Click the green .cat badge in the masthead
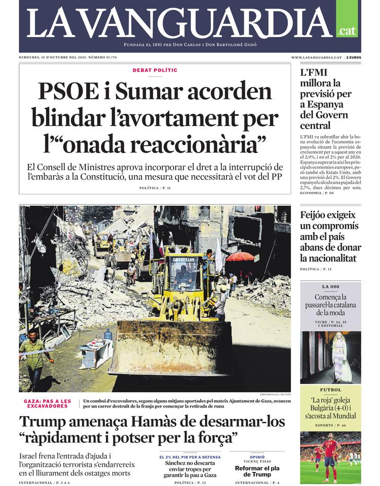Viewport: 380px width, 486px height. click(347, 30)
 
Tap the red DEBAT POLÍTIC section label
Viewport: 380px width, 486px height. click(155, 70)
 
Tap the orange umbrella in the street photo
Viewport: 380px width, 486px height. click(240, 256)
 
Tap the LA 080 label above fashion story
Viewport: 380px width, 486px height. click(330, 287)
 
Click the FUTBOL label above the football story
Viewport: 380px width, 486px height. click(330, 390)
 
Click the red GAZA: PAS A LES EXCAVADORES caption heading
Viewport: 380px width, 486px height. click(48, 403)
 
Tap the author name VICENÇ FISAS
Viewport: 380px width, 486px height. click(257, 462)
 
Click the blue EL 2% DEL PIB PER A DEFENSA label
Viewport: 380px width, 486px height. click(190, 457)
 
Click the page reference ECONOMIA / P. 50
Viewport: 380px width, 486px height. click(317, 193)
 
